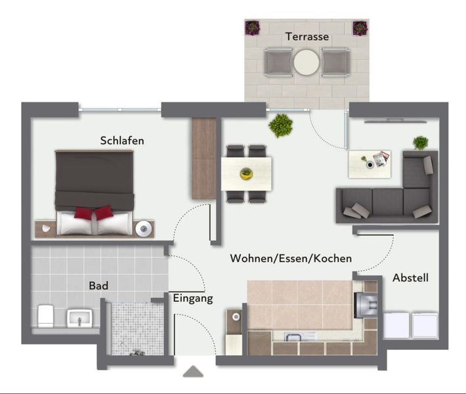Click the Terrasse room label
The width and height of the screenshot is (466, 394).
point(307,37)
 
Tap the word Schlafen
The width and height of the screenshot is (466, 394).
point(122,141)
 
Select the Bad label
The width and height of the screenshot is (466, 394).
point(98,286)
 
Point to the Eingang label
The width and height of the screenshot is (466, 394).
point(193,298)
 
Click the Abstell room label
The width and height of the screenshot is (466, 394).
point(410,278)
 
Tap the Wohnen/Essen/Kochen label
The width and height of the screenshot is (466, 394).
point(291,258)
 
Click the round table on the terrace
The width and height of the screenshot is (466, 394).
point(307,62)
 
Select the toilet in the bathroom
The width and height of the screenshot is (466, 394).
point(45,316)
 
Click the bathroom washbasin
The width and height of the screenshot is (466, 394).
point(79,318)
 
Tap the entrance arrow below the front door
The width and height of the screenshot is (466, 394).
point(193,372)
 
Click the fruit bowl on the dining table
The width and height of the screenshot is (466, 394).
point(246,173)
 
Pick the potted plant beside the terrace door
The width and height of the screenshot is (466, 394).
point(280,125)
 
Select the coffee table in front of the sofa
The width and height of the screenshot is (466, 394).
point(370,164)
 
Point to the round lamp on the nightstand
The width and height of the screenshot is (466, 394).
point(144,229)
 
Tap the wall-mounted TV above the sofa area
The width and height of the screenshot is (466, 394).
point(396,120)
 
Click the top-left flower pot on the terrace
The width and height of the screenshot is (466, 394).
point(253,28)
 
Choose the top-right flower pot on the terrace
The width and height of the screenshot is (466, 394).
point(360,28)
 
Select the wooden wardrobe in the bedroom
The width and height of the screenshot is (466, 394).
point(204,158)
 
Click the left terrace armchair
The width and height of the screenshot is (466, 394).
point(278,63)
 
